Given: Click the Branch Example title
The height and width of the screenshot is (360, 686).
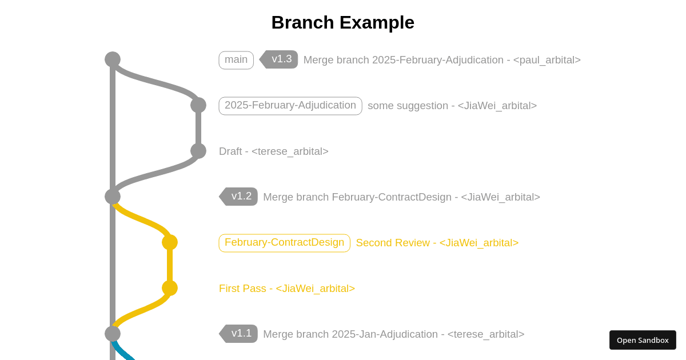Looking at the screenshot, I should [342, 22].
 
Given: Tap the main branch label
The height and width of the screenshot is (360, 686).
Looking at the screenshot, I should [236, 60].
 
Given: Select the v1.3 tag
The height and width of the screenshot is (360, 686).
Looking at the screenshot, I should [280, 59].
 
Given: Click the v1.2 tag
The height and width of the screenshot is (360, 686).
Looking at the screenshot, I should [240, 197].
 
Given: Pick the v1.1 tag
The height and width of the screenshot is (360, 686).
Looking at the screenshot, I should [240, 334].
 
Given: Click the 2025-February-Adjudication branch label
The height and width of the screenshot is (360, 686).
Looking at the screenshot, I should [290, 106].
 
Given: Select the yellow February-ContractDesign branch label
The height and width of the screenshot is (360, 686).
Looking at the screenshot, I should [284, 243].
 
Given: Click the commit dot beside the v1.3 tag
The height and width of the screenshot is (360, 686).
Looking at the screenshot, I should [113, 59].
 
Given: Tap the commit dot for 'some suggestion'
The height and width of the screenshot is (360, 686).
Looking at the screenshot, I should [198, 105].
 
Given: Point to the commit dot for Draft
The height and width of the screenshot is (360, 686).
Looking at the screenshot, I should [198, 151].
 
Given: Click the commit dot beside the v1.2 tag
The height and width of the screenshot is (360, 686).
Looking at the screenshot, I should [113, 197].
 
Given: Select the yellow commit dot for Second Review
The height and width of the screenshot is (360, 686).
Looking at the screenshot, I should [170, 242].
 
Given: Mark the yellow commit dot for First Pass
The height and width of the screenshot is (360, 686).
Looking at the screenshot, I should [170, 288].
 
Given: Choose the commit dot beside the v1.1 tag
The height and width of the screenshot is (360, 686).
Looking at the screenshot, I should [113, 334].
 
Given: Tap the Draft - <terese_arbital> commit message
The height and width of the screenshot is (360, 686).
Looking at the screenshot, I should [274, 151].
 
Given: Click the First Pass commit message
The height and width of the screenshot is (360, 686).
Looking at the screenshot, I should [287, 289].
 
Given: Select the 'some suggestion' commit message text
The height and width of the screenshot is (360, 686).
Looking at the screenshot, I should [452, 106].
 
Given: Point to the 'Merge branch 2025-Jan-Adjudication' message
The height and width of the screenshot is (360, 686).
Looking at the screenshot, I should [393, 334].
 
